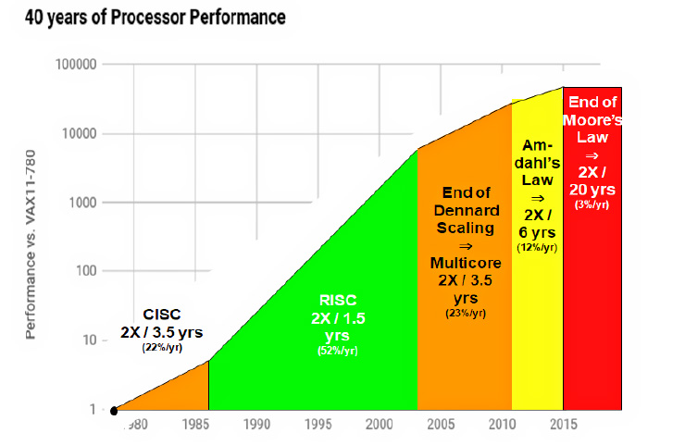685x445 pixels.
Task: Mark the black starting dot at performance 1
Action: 114,411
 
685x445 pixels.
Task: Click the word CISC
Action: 161,314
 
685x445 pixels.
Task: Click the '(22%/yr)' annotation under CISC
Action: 160,348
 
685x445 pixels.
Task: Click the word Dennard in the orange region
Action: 465,209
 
